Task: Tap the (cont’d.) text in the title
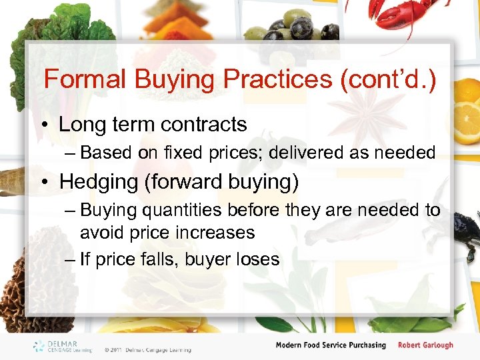[388, 79]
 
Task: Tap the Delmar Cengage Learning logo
[63, 346]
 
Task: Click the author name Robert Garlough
[425, 345]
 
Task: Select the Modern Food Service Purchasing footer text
[331, 345]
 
